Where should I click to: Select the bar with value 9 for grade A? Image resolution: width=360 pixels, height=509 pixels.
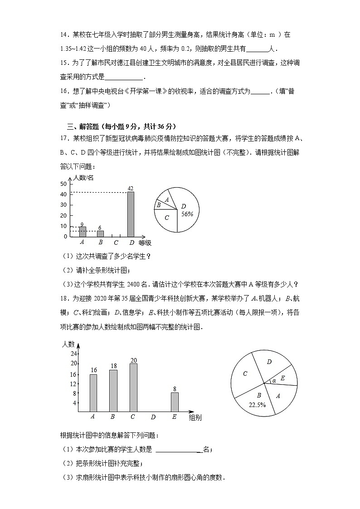tap(83, 231)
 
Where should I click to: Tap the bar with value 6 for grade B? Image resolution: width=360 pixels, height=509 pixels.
tap(100, 233)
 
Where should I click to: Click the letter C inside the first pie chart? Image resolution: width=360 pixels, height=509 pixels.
tap(167, 217)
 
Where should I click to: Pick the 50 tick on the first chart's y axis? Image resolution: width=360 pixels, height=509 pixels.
tap(63, 184)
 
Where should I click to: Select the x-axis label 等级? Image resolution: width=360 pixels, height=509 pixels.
tap(145, 243)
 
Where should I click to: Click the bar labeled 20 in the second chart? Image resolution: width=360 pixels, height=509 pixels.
tap(133, 387)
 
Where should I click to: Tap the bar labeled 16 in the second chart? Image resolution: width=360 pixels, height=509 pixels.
tap(93, 393)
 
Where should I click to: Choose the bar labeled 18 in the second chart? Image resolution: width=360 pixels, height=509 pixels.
tap(113, 390)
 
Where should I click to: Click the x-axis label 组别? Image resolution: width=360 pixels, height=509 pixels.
tap(195, 417)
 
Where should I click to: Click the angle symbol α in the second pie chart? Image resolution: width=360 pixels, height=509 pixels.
tap(274, 380)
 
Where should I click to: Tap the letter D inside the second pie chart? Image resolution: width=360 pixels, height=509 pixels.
tap(269, 362)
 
